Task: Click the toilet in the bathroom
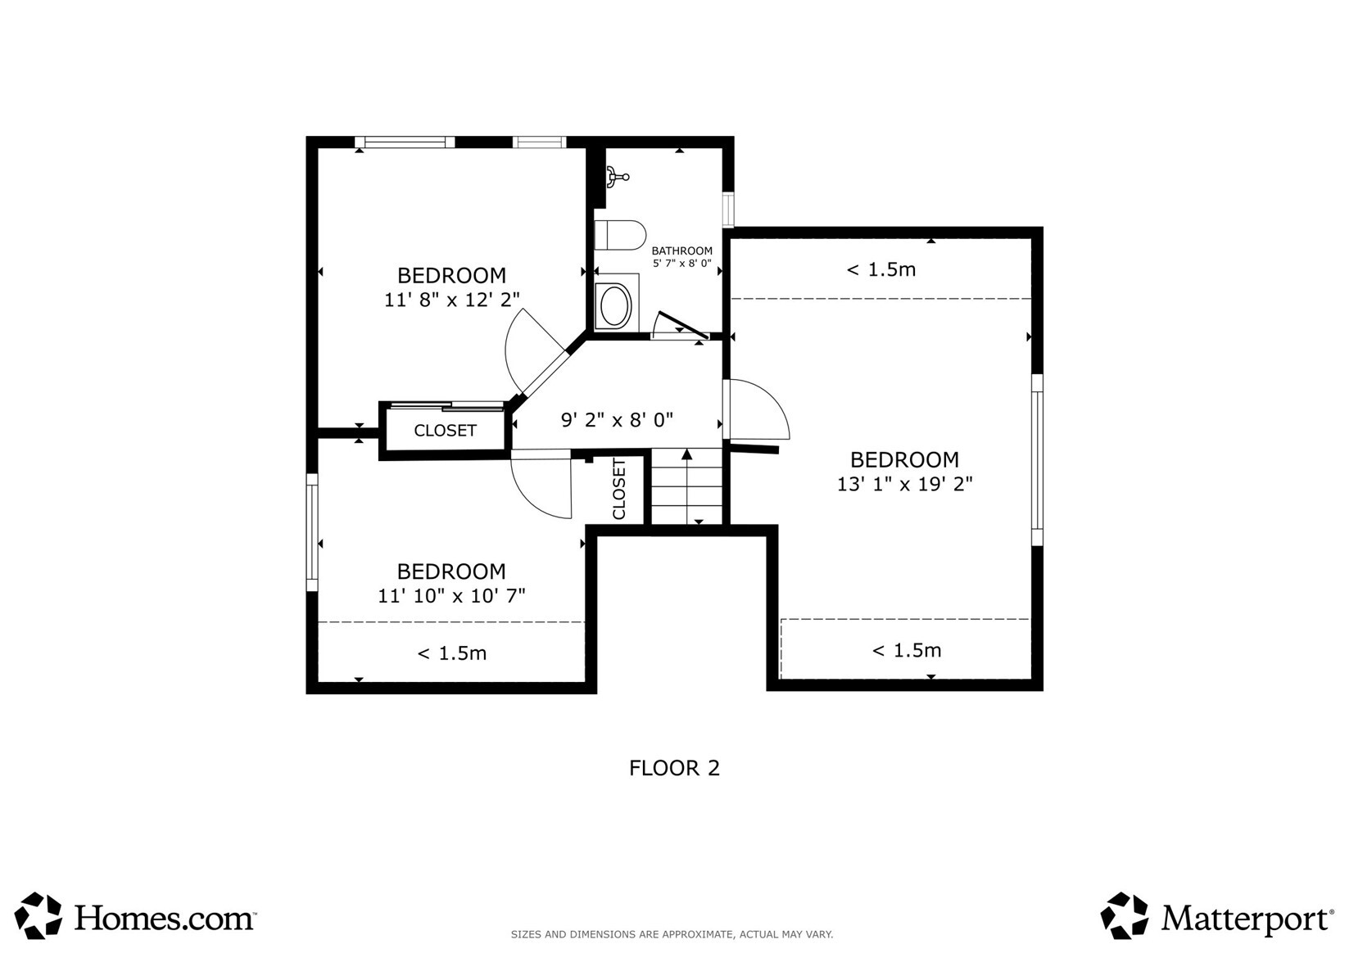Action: [620, 235]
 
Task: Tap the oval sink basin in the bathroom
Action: [613, 306]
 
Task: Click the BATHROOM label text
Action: [681, 251]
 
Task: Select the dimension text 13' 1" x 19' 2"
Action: [904, 484]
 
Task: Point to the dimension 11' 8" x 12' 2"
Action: [451, 299]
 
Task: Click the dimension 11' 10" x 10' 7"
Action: [451, 595]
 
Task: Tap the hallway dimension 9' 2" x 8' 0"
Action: [617, 420]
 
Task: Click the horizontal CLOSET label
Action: [445, 431]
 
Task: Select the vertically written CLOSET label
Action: [619, 489]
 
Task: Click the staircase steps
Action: [686, 486]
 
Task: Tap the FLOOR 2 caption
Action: [675, 768]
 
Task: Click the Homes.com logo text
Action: [163, 918]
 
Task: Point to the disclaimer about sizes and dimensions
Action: [672, 934]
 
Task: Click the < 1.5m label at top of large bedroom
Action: [881, 269]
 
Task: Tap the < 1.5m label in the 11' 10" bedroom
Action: [451, 653]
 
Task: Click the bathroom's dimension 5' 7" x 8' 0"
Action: [682, 263]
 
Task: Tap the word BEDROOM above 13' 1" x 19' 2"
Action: [904, 460]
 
